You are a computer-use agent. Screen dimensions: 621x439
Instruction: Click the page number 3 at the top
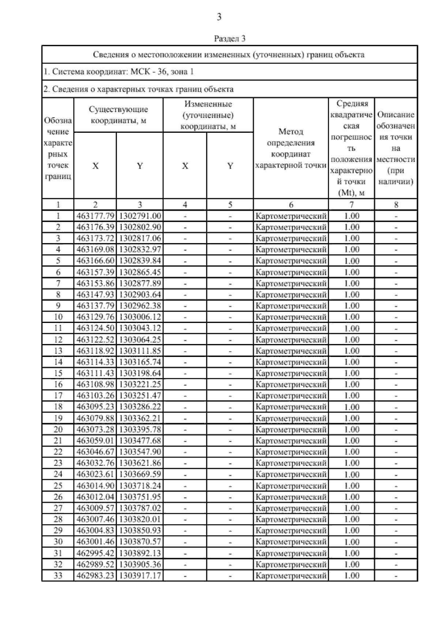click(219, 17)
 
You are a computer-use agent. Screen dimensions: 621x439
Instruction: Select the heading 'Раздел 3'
click(229, 38)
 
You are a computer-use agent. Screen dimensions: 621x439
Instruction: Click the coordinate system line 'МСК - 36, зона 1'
click(119, 72)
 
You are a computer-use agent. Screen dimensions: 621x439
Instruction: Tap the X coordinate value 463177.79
click(95, 216)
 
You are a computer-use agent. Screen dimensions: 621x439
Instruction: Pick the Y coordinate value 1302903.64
click(140, 294)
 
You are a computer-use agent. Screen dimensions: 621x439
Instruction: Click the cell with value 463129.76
click(95, 317)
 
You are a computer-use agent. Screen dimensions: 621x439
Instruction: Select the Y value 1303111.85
click(140, 351)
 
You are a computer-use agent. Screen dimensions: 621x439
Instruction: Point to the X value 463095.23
click(95, 407)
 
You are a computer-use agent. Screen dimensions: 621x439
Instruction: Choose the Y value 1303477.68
click(140, 441)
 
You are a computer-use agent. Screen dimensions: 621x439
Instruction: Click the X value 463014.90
click(95, 486)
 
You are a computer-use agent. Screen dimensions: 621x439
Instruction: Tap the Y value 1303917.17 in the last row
click(140, 575)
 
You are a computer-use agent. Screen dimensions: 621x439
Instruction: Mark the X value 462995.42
click(95, 553)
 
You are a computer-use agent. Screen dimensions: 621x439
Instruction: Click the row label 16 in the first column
click(58, 384)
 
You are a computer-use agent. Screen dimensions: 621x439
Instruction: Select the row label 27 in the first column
click(58, 508)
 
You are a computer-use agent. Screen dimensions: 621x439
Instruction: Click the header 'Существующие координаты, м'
click(119, 115)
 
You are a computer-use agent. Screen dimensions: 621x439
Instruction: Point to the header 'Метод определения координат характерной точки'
click(291, 148)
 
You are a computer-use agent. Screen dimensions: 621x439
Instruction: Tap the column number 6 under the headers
click(291, 205)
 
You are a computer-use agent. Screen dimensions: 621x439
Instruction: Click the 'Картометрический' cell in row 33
click(291, 576)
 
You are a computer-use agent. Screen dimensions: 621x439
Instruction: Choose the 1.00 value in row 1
click(352, 216)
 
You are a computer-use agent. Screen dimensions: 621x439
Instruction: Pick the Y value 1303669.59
click(140, 474)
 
